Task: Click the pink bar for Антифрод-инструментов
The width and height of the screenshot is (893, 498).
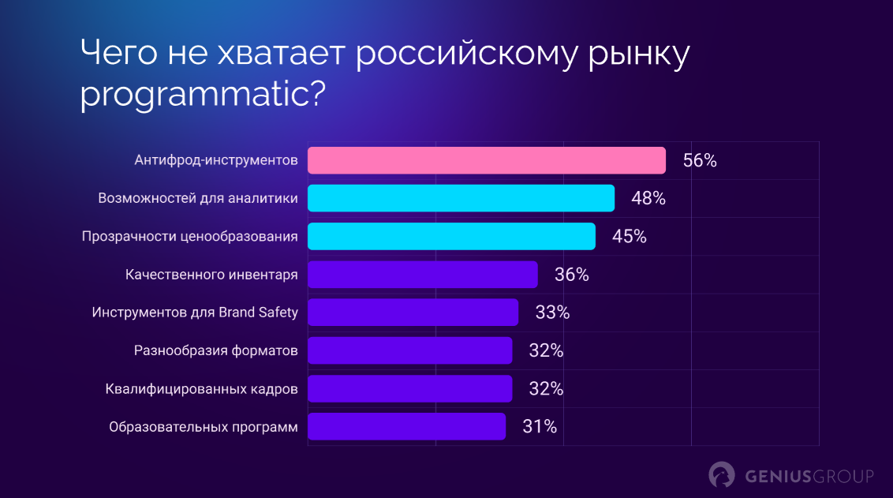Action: point(487,160)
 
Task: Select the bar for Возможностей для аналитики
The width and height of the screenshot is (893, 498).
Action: point(461,198)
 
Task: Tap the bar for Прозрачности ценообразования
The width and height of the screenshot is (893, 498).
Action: point(451,236)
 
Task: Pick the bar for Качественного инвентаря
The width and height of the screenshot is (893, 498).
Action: point(422,275)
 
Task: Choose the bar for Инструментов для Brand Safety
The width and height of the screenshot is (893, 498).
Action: point(413,313)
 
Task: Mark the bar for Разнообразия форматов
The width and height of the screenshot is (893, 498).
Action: point(409,350)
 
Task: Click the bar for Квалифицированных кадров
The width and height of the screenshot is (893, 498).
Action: point(409,388)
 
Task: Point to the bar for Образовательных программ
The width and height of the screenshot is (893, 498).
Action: point(406,426)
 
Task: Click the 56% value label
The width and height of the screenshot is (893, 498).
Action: point(700,161)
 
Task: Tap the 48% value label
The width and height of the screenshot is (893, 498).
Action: point(648,199)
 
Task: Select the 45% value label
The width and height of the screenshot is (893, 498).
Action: point(629,237)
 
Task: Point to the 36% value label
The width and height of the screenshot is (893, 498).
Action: point(571,275)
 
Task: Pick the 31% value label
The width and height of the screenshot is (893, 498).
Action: point(540,427)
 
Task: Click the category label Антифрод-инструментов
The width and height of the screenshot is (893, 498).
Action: point(215,161)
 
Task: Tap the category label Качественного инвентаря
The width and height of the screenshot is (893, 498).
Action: point(211,275)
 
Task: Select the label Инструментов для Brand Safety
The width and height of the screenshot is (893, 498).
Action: point(195,313)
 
